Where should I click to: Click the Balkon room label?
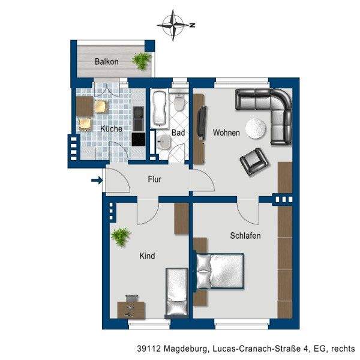tap(107, 62)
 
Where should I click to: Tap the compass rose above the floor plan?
tap(173, 25)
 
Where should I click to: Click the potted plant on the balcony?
tap(141, 61)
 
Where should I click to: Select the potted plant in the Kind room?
tap(121, 237)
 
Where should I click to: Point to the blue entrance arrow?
tap(97, 180)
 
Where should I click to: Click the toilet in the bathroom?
tap(178, 103)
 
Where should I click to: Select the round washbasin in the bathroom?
tap(163, 142)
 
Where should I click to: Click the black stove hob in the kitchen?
tap(139, 139)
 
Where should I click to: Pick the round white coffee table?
tap(256, 128)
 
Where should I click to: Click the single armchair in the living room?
tap(254, 161)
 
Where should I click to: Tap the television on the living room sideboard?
tap(202, 123)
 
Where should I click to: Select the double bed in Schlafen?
tap(218, 271)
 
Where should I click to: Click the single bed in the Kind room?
tap(176, 293)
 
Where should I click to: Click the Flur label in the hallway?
tap(154, 179)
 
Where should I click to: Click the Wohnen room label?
tap(226, 133)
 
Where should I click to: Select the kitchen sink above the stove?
tap(139, 119)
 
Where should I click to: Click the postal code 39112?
tap(149, 349)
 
